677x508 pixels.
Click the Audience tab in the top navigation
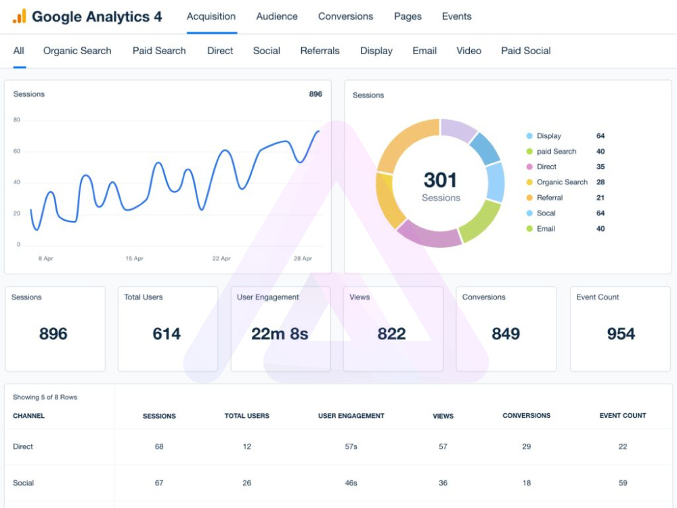click(x=277, y=16)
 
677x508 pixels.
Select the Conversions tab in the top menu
click(x=345, y=16)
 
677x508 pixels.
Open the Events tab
click(x=456, y=16)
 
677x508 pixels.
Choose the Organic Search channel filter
click(x=77, y=51)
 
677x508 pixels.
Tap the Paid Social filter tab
click(x=525, y=51)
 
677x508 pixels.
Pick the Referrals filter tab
click(x=320, y=51)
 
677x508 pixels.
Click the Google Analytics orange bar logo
click(x=20, y=16)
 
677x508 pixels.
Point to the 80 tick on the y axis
click(x=17, y=120)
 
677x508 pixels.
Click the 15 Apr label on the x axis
click(x=134, y=258)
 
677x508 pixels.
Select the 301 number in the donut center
click(x=440, y=180)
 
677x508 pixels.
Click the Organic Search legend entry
click(x=562, y=182)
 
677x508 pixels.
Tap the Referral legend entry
click(x=550, y=198)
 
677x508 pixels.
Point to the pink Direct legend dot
click(x=529, y=167)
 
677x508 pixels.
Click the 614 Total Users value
click(x=167, y=334)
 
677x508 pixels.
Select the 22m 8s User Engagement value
click(x=280, y=334)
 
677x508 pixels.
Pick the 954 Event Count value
click(x=621, y=334)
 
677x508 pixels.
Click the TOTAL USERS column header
click(x=247, y=416)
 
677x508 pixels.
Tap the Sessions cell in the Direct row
click(x=159, y=446)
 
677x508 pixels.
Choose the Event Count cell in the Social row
click(x=623, y=483)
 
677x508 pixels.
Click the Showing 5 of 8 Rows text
click(x=45, y=398)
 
